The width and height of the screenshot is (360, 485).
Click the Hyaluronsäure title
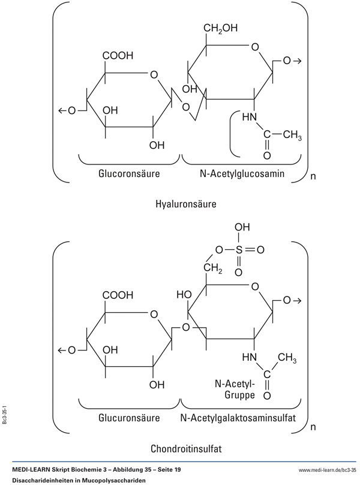coord(185,204)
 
